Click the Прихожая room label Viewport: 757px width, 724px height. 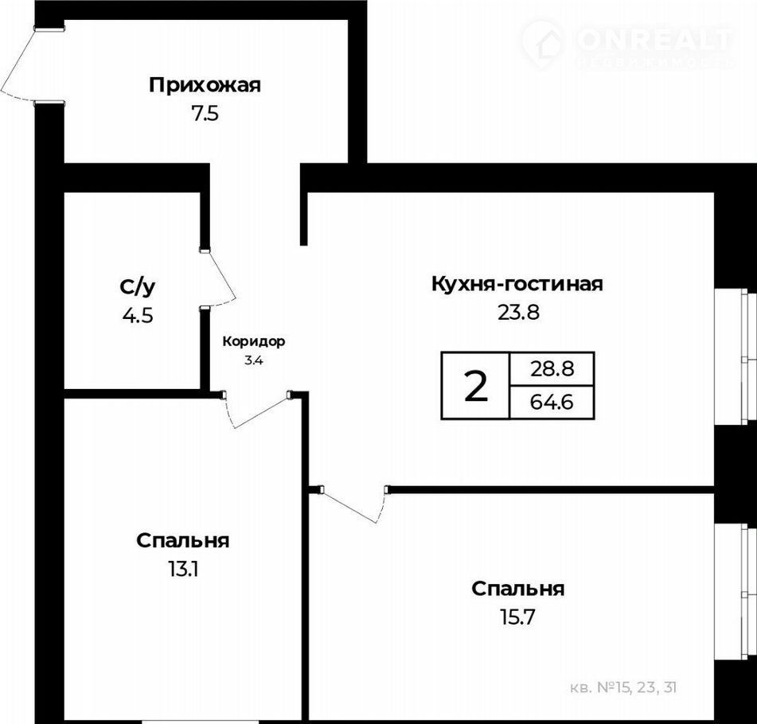coord(205,85)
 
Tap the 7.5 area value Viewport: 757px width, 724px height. coord(205,115)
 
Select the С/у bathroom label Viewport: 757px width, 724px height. coord(138,287)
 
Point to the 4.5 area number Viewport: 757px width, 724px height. coord(138,316)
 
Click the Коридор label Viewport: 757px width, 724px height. coord(253,342)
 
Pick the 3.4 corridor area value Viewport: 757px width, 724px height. coord(253,360)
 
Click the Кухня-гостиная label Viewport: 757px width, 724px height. coord(517,284)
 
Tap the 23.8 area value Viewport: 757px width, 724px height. coord(518,313)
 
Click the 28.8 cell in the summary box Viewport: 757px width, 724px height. coord(552,369)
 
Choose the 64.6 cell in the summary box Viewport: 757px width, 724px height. coord(552,402)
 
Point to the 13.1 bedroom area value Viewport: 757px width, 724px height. coord(183,570)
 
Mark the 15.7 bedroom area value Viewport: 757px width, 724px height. coord(517,618)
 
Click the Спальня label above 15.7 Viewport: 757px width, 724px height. coord(518,589)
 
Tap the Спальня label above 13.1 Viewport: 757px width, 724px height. coord(183,540)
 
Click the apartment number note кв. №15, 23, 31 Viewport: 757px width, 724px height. coord(623,687)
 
